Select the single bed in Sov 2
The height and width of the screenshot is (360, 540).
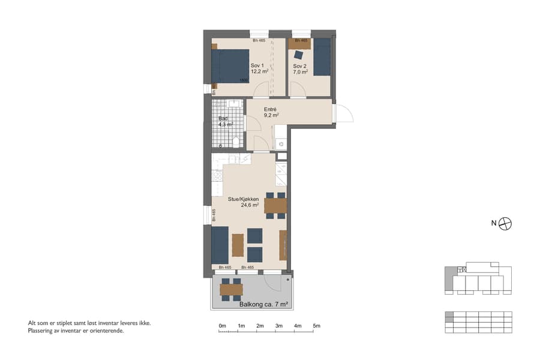click(322, 57)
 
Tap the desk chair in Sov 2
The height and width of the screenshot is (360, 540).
click(299, 52)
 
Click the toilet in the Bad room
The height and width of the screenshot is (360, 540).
click(236, 142)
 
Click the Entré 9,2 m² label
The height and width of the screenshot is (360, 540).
click(271, 112)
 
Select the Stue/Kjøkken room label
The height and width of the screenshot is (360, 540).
click(243, 201)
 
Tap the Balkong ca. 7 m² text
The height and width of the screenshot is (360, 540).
click(264, 304)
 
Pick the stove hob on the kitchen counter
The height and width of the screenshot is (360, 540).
click(217, 176)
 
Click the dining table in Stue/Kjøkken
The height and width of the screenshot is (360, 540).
click(275, 206)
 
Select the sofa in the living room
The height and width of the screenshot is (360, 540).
click(220, 245)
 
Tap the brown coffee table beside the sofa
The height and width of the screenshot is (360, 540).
click(238, 245)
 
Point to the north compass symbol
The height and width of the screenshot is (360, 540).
click(506, 223)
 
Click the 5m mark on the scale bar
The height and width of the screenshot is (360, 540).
click(316, 326)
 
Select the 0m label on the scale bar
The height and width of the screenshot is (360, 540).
click(222, 326)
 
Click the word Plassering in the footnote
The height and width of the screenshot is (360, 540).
click(41, 331)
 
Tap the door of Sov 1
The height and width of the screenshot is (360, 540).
click(261, 90)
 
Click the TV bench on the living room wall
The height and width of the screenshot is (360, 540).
click(283, 245)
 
